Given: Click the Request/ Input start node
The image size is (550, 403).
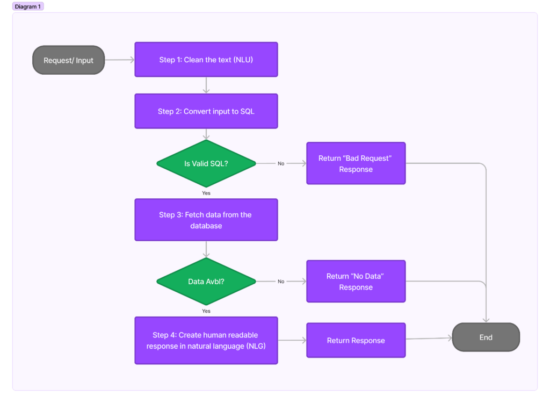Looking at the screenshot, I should click(x=68, y=60).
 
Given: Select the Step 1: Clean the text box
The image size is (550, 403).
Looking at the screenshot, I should click(x=206, y=60).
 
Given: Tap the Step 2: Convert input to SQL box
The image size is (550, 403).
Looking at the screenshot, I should click(x=206, y=111).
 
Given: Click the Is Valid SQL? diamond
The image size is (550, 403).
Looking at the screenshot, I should click(x=206, y=163).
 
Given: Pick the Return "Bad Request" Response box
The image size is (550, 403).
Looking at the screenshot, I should click(x=356, y=163).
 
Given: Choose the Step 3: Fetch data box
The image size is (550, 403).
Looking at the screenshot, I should click(x=206, y=220).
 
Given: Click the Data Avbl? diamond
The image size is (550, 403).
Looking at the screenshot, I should click(x=206, y=281).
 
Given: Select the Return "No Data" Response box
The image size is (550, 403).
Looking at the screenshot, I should click(x=356, y=281).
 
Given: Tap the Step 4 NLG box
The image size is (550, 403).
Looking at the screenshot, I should click(x=206, y=340).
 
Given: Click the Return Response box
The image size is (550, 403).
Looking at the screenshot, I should click(x=356, y=340).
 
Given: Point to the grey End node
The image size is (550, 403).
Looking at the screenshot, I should click(x=486, y=337).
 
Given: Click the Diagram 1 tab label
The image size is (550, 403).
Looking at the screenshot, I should click(x=28, y=6).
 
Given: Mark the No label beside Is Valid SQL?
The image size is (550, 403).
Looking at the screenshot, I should click(x=281, y=163).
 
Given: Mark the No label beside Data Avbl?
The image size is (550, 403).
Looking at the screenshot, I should click(x=281, y=281).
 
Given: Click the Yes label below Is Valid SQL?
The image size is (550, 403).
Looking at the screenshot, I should click(x=206, y=192).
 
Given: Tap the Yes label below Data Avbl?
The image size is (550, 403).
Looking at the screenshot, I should click(x=206, y=311).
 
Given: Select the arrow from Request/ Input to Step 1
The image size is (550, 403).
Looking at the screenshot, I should click(x=119, y=60).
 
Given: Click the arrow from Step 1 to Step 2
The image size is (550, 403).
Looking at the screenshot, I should click(x=206, y=85).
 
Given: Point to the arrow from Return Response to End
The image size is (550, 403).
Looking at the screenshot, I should click(x=429, y=339).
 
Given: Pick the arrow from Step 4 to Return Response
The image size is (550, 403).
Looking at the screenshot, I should click(x=292, y=340).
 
